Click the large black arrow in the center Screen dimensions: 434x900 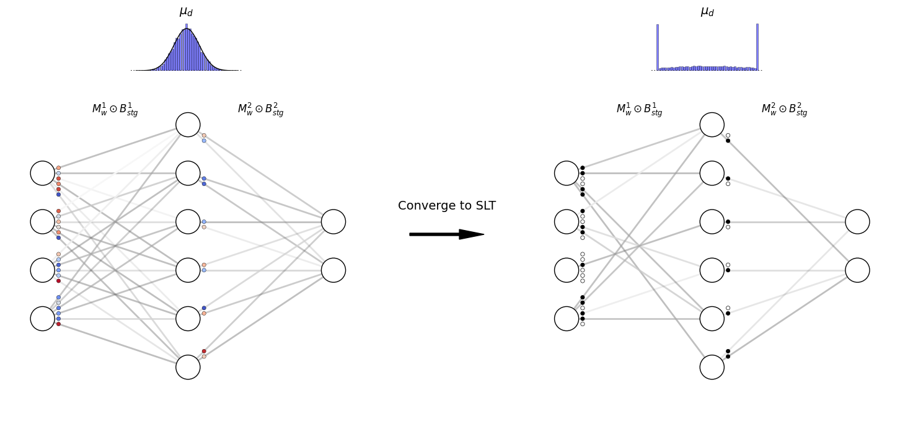[446, 234]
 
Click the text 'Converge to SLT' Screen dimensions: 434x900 [446, 206]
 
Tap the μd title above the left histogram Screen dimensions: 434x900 [186, 11]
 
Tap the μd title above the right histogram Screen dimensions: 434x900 [707, 11]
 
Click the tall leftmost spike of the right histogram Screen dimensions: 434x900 [657, 46]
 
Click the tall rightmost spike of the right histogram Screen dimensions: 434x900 [757, 46]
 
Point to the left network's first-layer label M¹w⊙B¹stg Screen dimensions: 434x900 [115, 110]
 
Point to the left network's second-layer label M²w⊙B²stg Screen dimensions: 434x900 [260, 110]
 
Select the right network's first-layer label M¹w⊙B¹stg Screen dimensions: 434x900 [639, 110]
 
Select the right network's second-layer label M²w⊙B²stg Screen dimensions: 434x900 [784, 110]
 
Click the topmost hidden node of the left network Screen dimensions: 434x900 [188, 125]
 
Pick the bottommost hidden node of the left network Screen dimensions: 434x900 [188, 367]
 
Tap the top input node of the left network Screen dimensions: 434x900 [42, 173]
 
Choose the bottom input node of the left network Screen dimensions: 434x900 [42, 319]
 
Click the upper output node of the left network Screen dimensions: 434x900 [333, 222]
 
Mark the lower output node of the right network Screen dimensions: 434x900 [857, 270]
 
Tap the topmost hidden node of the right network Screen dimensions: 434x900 [712, 125]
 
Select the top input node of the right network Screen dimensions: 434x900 [567, 173]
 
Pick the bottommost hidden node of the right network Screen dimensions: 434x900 [712, 367]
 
